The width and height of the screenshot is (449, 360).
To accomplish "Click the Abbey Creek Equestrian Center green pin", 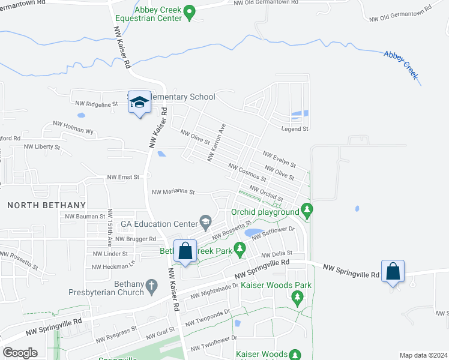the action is [190, 11].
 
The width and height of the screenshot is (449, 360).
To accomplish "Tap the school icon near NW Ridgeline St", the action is [139, 103].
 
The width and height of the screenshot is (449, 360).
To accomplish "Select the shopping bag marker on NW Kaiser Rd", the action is [185, 250].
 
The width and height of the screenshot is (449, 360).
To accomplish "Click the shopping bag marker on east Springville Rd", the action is [393, 271].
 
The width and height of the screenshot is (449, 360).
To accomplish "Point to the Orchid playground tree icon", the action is [307, 211].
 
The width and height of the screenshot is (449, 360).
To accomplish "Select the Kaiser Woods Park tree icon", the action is [297, 297].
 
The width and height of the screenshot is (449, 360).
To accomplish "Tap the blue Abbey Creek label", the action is [402, 64].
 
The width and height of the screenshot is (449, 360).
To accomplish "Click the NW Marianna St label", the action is [173, 192].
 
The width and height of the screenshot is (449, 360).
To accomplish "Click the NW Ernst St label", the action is [123, 177].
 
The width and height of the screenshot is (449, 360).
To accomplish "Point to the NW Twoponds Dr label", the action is [208, 318].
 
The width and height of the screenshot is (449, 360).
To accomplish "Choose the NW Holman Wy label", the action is [73, 127].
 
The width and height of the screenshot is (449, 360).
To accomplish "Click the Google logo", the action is [20, 353].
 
